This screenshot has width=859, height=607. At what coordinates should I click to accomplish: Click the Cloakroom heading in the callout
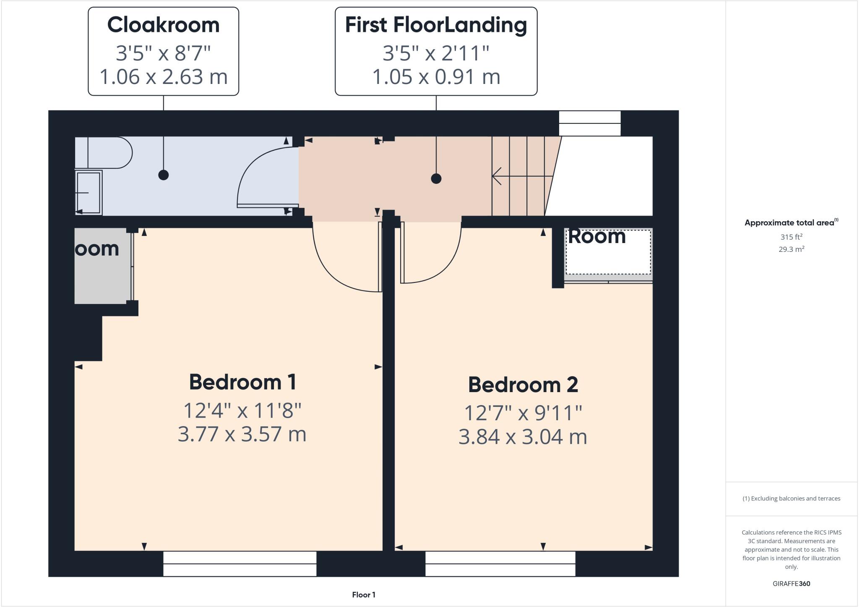tap(163, 25)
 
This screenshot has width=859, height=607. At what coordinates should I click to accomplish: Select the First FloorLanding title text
tap(436, 25)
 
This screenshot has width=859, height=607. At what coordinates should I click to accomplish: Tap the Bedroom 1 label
tap(243, 382)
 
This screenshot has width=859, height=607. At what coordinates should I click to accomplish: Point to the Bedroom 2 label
tap(523, 385)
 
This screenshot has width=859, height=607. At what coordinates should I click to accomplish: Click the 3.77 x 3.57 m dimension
tap(242, 434)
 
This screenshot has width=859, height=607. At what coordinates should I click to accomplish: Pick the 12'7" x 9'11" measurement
tap(523, 413)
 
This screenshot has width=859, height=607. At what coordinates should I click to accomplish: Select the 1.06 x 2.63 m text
tap(163, 77)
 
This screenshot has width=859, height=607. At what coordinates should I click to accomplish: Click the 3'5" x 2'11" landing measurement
tap(436, 53)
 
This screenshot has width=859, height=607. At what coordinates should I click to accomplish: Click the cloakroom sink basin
tap(89, 193)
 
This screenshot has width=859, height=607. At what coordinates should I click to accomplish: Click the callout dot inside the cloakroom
tap(164, 175)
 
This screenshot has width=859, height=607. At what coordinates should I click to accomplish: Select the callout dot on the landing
tap(436, 179)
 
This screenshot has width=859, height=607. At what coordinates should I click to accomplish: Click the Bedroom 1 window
tap(239, 564)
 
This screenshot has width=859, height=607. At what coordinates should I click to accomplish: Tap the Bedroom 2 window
tap(500, 564)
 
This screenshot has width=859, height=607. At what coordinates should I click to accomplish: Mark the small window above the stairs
tap(589, 123)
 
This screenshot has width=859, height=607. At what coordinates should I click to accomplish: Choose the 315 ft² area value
tap(791, 237)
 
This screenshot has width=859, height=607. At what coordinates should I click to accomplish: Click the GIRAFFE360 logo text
tap(791, 583)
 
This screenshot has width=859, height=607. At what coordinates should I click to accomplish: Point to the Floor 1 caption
tap(364, 595)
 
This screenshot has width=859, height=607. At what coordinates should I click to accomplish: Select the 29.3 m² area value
tap(791, 249)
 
